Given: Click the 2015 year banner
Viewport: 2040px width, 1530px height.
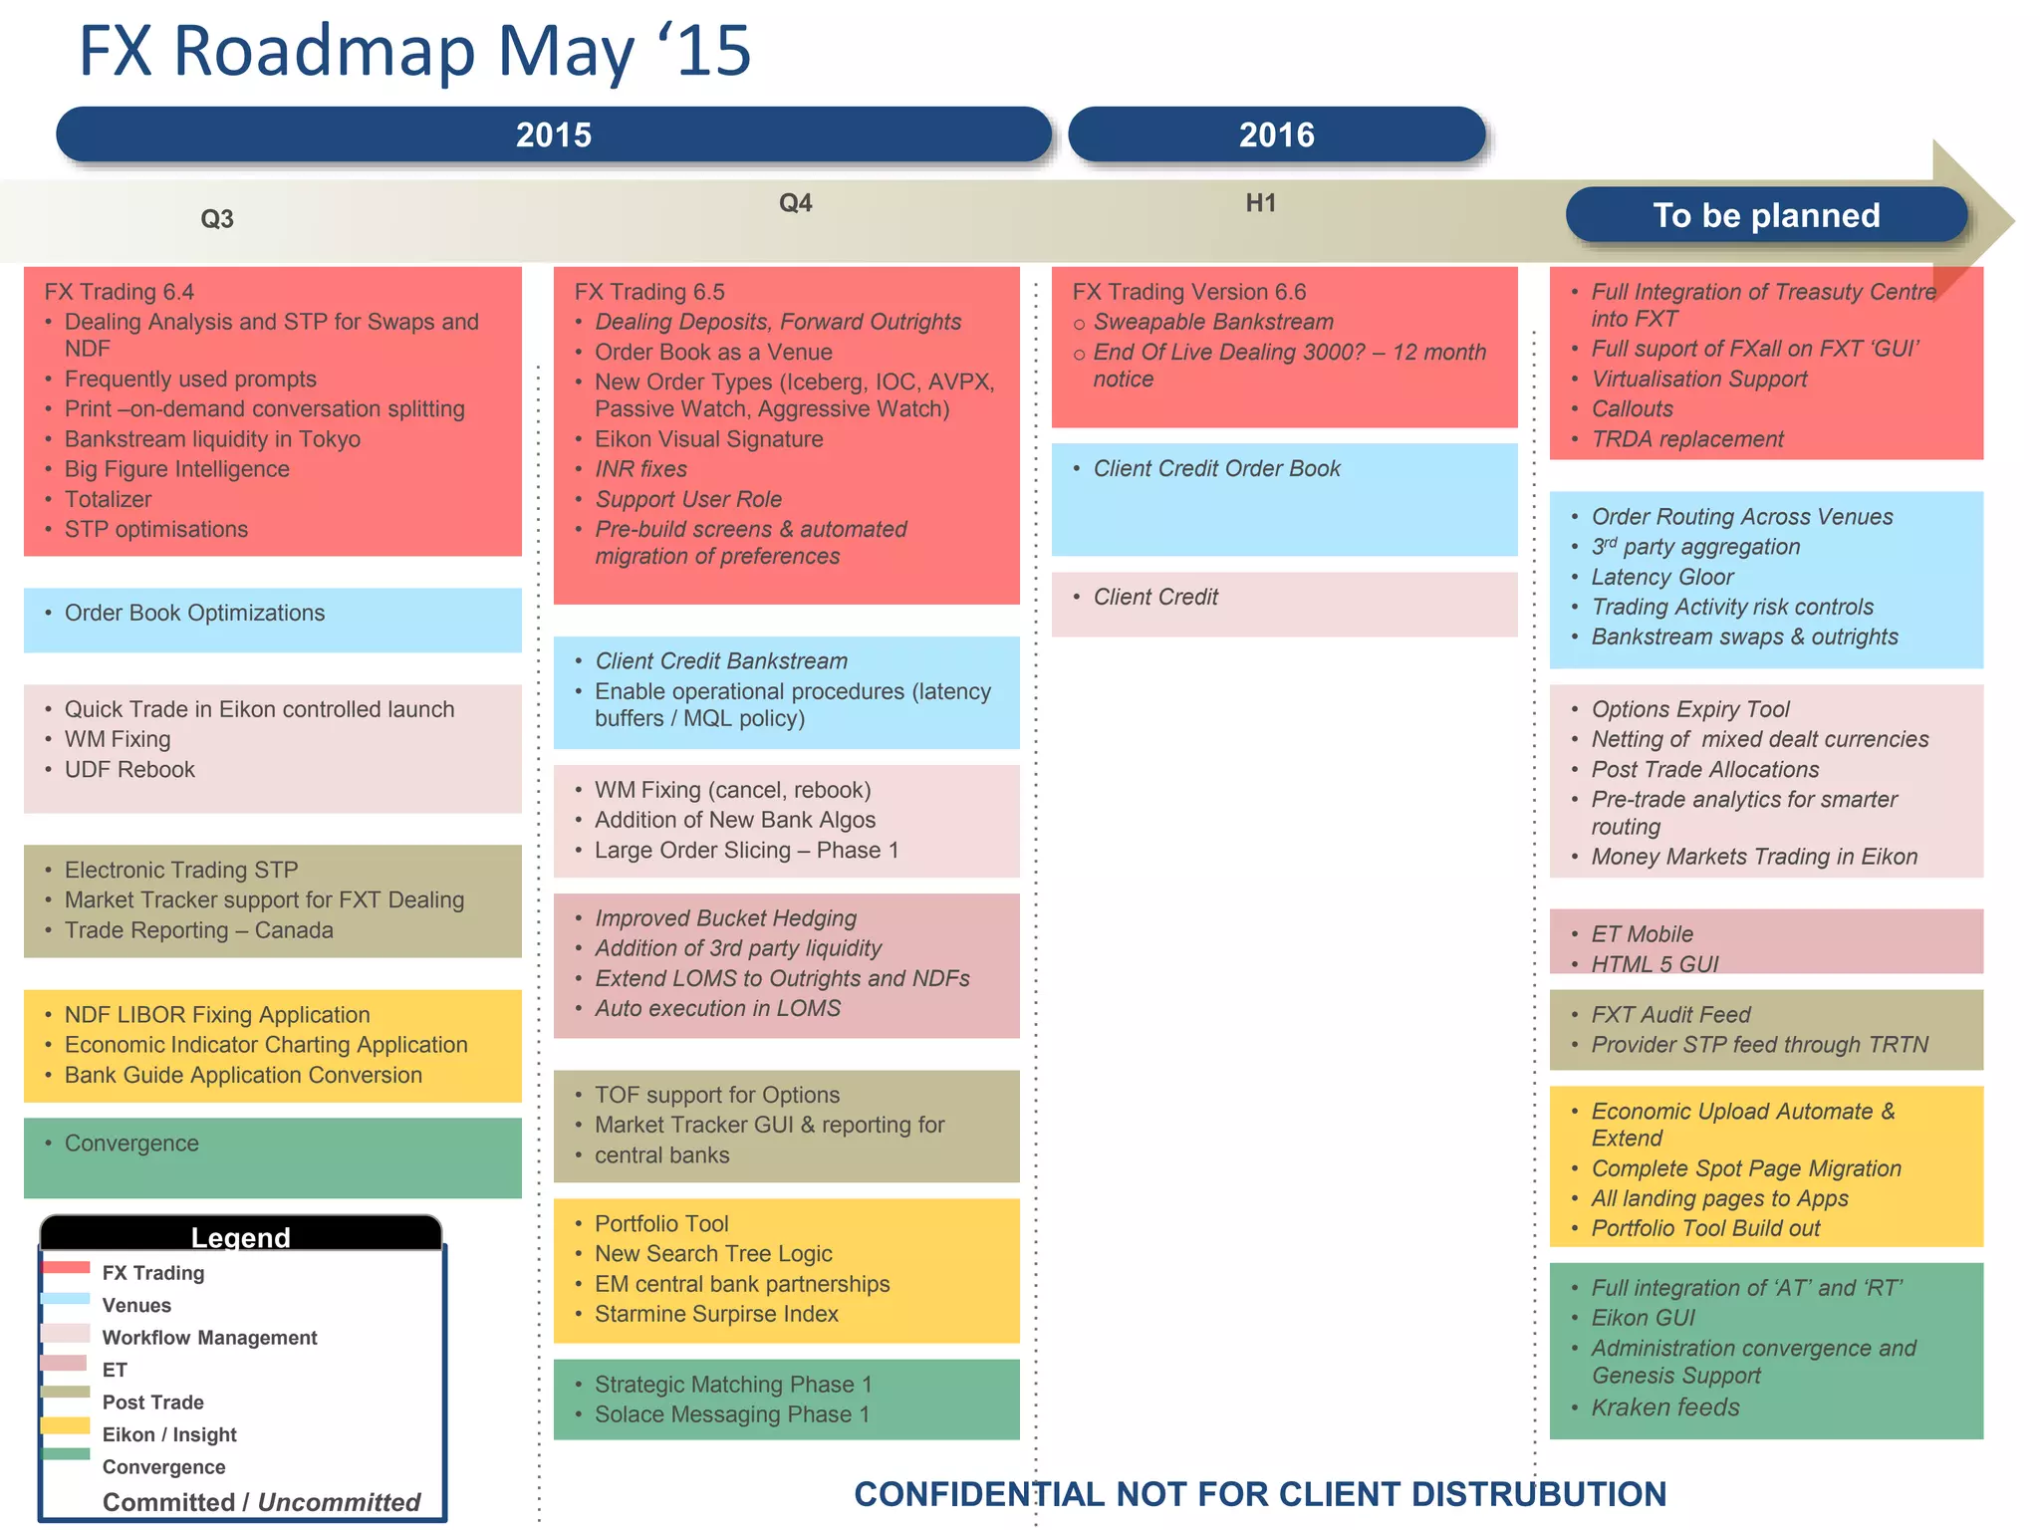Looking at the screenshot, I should pos(554,134).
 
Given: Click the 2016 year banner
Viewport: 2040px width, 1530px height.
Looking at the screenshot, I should pos(1276,134).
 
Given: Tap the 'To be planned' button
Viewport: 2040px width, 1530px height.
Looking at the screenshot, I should pos(1766,215).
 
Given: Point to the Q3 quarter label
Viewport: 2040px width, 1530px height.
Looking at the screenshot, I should pos(217,219).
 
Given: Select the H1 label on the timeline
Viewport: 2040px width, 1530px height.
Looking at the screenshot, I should pos(1260,203).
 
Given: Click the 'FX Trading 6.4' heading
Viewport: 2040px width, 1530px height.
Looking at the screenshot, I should pos(120,292).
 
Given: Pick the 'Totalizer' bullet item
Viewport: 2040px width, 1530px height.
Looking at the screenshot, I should pos(108,499).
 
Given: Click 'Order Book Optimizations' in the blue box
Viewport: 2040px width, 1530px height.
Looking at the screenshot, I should pos(194,613).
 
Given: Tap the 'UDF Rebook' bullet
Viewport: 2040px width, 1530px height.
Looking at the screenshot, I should pos(129,769).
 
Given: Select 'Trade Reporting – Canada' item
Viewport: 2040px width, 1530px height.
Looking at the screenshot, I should pos(198,930).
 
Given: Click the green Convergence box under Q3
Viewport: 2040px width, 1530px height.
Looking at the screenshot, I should pos(272,1157).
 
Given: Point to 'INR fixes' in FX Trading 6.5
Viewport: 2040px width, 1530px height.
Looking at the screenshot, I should pos(640,469).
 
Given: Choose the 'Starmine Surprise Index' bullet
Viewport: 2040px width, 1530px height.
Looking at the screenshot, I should pos(716,1314).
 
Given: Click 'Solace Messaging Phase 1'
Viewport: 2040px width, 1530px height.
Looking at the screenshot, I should pos(732,1414).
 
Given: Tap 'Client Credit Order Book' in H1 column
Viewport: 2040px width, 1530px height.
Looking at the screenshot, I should pos(1216,468).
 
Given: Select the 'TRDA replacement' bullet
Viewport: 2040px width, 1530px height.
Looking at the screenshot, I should pos(1687,439).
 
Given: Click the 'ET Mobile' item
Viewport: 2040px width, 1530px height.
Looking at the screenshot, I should pos(1642,934).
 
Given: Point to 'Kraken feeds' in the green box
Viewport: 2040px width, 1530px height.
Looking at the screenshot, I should pos(1665,1407).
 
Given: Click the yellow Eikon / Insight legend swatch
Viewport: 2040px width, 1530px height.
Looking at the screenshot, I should pos(66,1426).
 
